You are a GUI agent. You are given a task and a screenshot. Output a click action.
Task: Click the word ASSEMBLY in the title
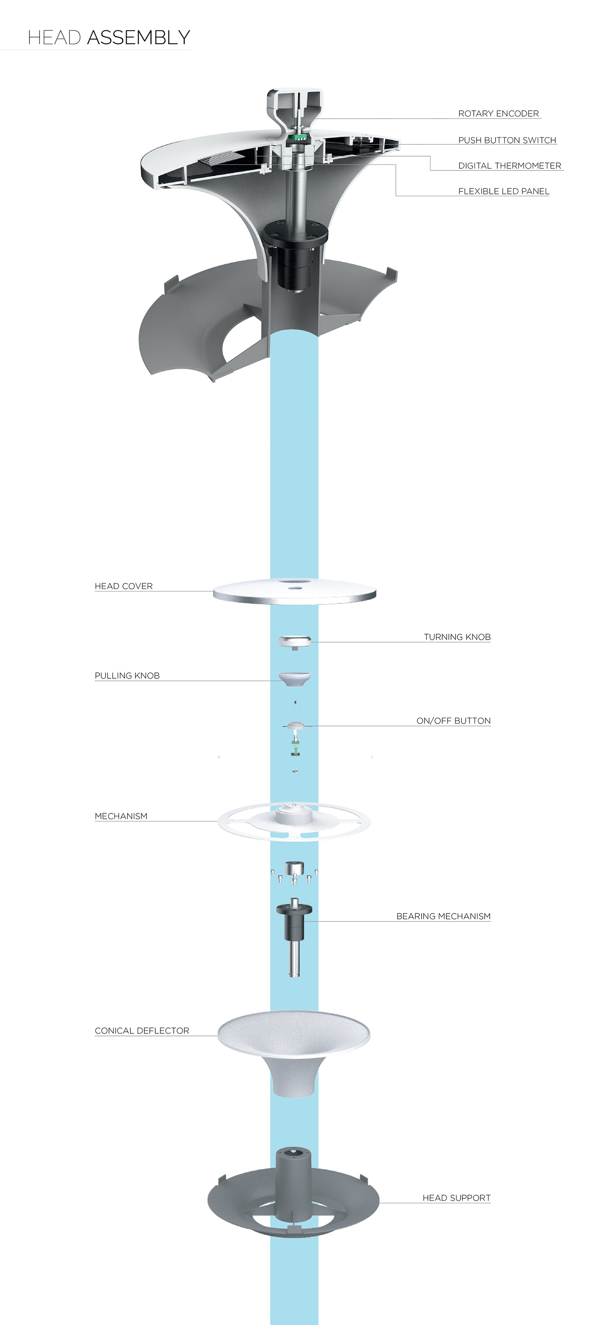(138, 37)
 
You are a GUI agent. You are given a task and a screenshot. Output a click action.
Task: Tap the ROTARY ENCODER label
(498, 114)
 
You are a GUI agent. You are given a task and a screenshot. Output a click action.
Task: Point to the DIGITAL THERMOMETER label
(509, 166)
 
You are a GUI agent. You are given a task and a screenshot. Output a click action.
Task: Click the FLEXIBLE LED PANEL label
(503, 191)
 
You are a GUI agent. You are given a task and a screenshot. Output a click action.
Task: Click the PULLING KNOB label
(127, 676)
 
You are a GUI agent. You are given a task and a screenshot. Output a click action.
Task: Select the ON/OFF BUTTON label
(453, 721)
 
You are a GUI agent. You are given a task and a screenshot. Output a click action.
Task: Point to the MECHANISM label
(121, 816)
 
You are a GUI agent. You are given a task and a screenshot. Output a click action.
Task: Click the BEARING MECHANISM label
(443, 916)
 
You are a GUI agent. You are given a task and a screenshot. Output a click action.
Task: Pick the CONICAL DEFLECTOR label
(142, 1031)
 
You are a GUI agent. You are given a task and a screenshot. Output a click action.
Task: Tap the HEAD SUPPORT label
(456, 1198)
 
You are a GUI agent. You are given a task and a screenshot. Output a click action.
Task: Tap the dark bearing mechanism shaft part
(294, 923)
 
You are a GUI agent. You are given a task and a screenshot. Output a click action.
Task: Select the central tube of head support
(293, 1183)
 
